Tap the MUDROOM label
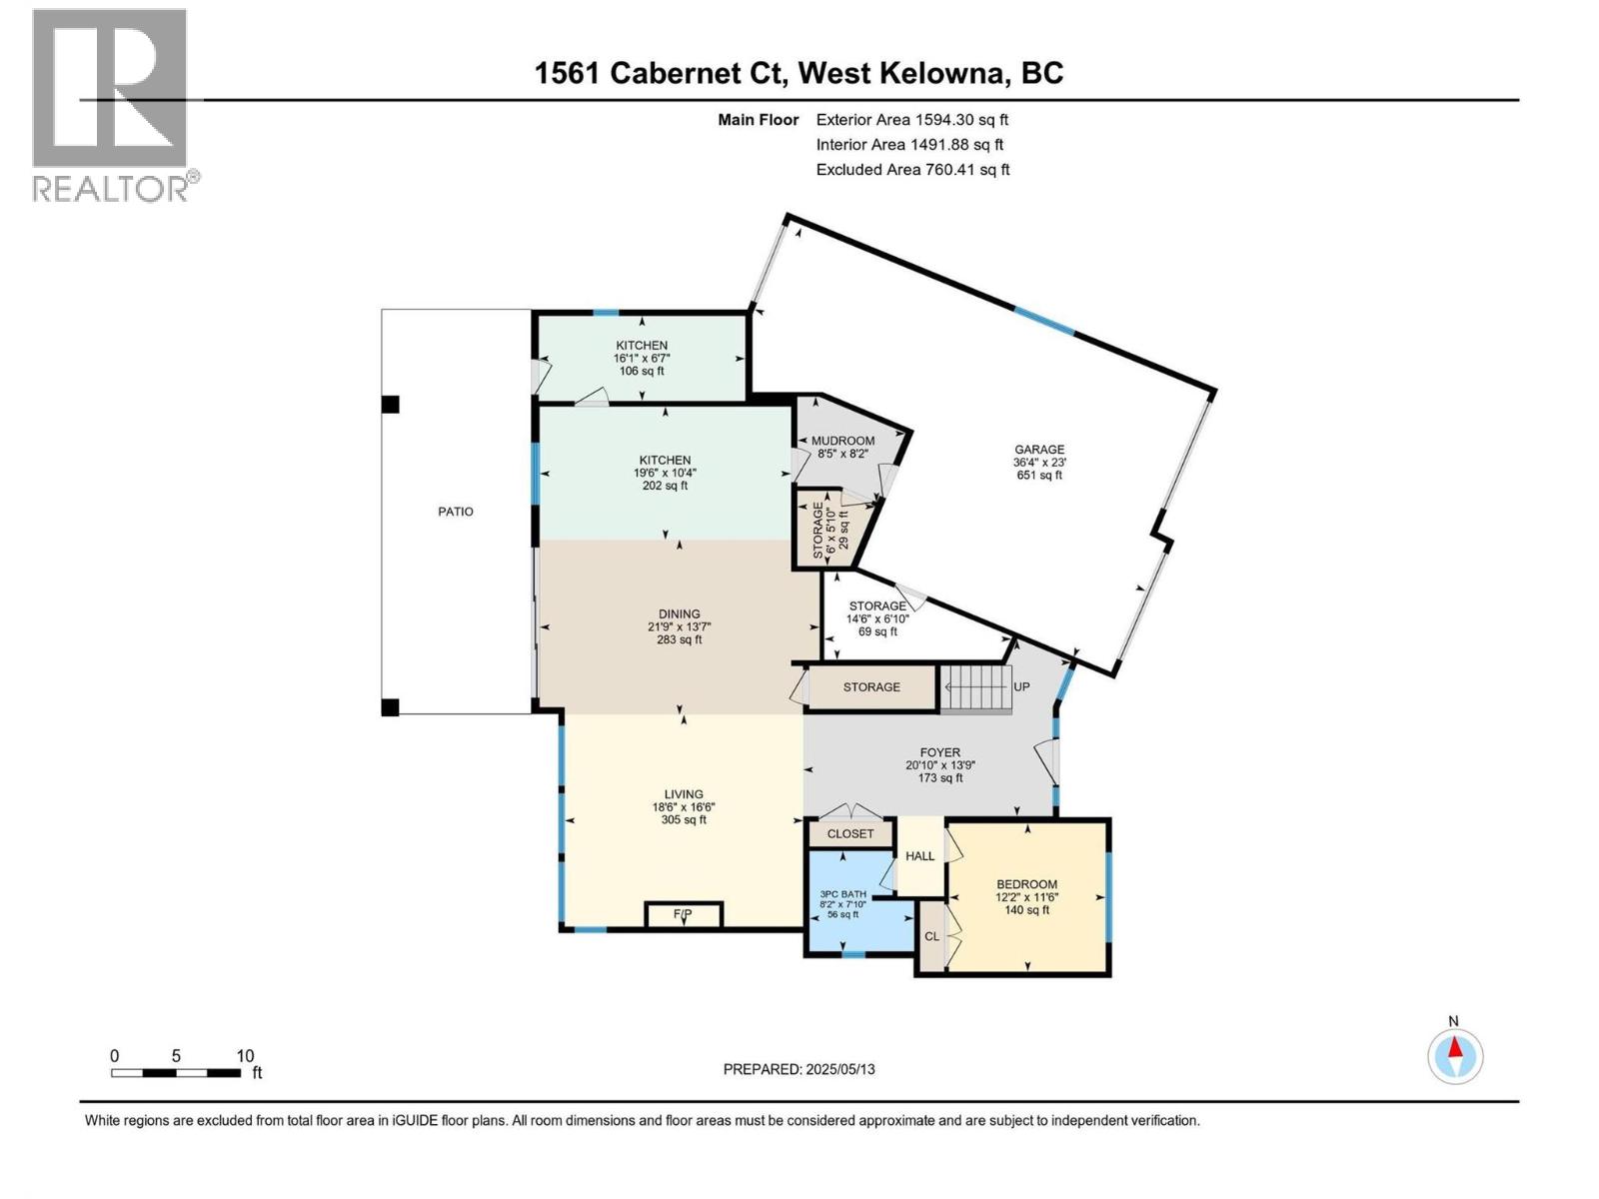(842, 441)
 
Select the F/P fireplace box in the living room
(684, 914)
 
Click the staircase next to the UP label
(976, 688)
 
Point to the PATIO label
(456, 512)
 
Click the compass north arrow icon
(1455, 1055)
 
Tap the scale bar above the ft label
(176, 1073)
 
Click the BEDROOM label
(1026, 884)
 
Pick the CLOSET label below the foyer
(850, 833)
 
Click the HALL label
(919, 856)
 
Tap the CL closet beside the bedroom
(931, 936)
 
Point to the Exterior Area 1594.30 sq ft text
(911, 120)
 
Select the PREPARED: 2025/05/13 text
(799, 1069)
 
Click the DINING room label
(679, 614)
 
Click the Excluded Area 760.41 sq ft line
(911, 170)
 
